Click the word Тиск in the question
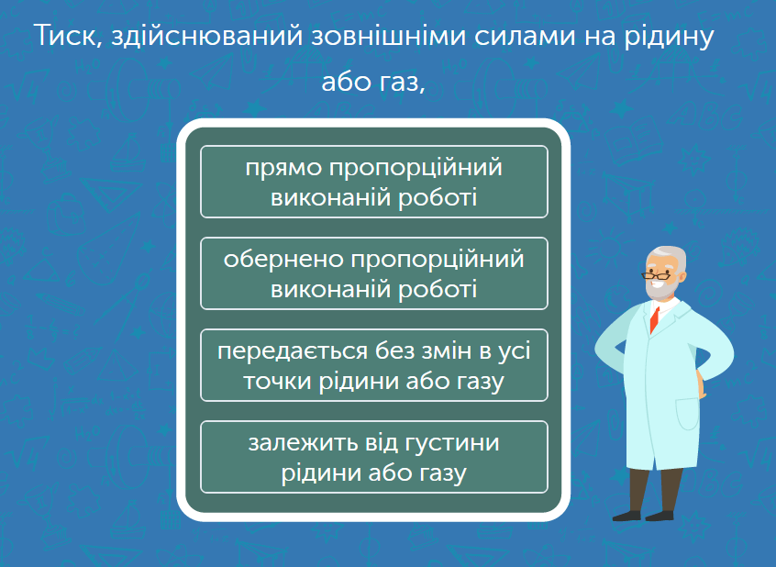coord(68,36)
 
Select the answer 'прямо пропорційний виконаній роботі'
coord(373,182)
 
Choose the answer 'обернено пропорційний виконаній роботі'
coord(373,273)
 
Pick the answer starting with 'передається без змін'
coord(373,365)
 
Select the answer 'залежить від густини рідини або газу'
coord(373,457)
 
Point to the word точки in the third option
coord(277,382)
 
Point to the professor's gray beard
coord(660,289)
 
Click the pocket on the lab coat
coord(687,413)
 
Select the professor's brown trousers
coord(655,490)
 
